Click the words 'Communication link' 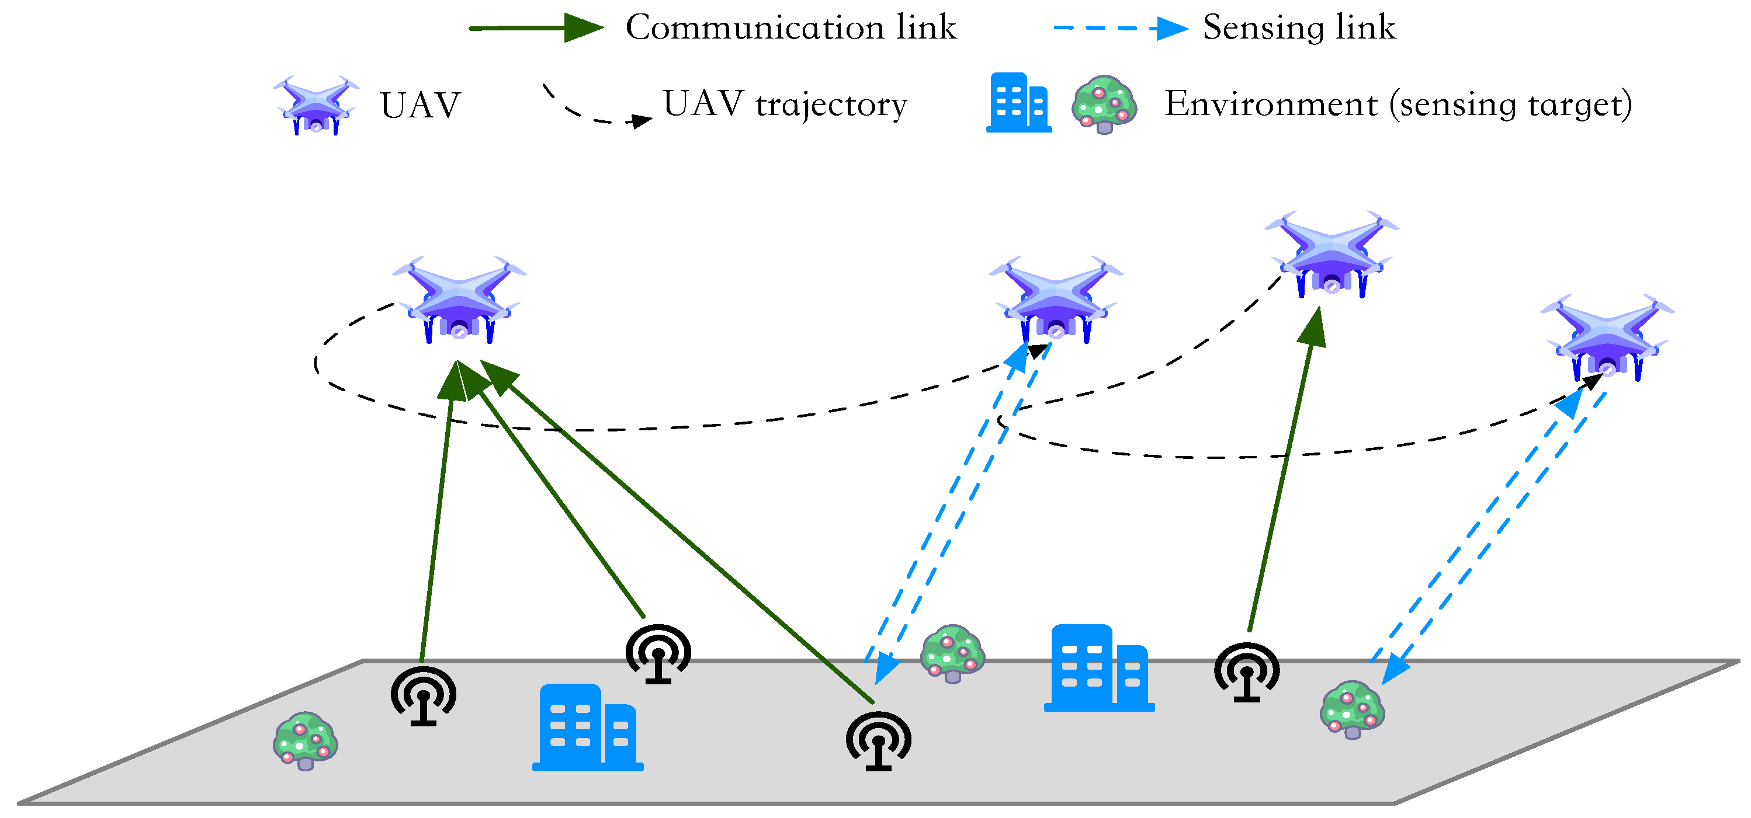click(x=790, y=28)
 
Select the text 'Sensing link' click(x=1298, y=28)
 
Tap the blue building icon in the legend click(x=1018, y=103)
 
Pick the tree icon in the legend click(x=1104, y=104)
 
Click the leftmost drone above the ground click(x=459, y=300)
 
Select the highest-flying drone click(x=1331, y=254)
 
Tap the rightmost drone click(x=1606, y=337)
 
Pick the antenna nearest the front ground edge click(x=878, y=740)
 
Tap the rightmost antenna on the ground click(x=1247, y=672)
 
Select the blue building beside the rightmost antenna click(x=1099, y=668)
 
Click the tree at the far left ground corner click(x=305, y=740)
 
